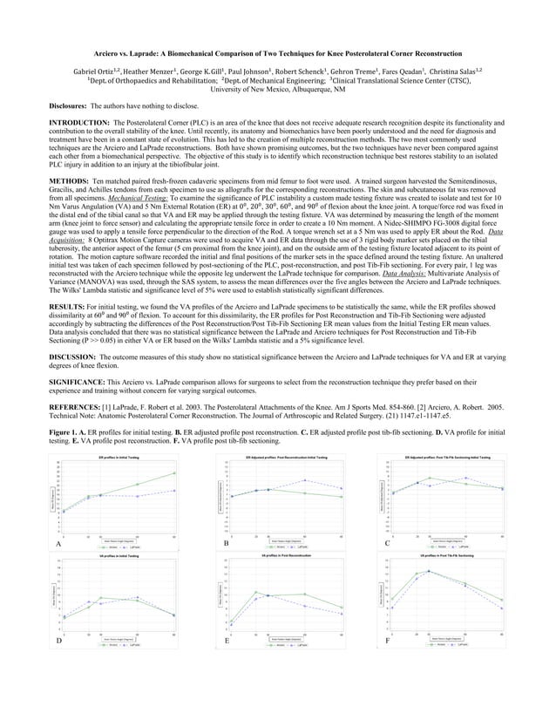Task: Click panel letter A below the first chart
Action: [58, 543]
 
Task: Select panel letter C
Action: [386, 543]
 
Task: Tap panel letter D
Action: [58, 641]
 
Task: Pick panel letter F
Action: [386, 641]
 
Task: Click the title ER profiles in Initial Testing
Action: [114, 456]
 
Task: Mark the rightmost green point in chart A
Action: [175, 472]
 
